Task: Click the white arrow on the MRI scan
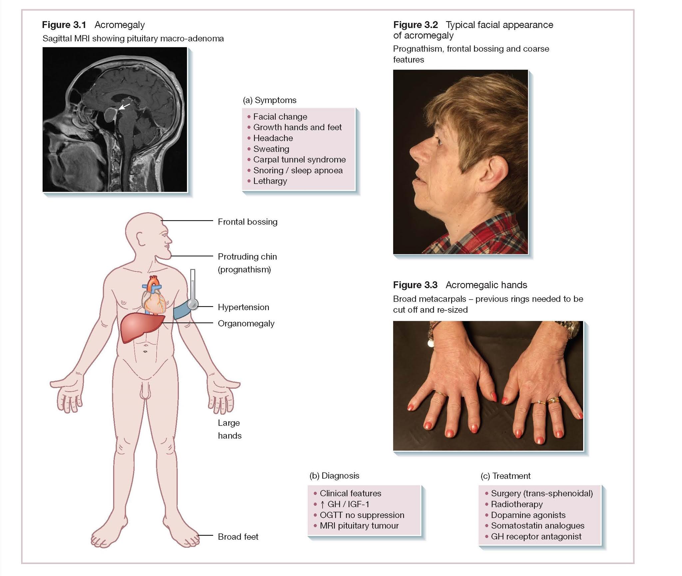pyautogui.click(x=125, y=106)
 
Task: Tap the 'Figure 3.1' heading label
pyautogui.click(x=64, y=25)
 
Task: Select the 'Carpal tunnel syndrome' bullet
pyautogui.click(x=299, y=159)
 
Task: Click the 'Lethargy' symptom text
pyautogui.click(x=270, y=181)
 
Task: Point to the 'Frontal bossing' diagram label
pyautogui.click(x=247, y=222)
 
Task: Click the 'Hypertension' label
pyautogui.click(x=243, y=307)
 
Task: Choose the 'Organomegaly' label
pyautogui.click(x=246, y=323)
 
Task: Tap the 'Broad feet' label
pyautogui.click(x=238, y=537)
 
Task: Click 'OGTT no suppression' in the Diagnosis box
pyautogui.click(x=362, y=515)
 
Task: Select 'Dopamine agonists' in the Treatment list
pyautogui.click(x=528, y=515)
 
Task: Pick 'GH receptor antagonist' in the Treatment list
pyautogui.click(x=536, y=537)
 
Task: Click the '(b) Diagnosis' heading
pyautogui.click(x=334, y=476)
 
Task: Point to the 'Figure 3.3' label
pyautogui.click(x=415, y=285)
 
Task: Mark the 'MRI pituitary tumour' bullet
pyautogui.click(x=359, y=526)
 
